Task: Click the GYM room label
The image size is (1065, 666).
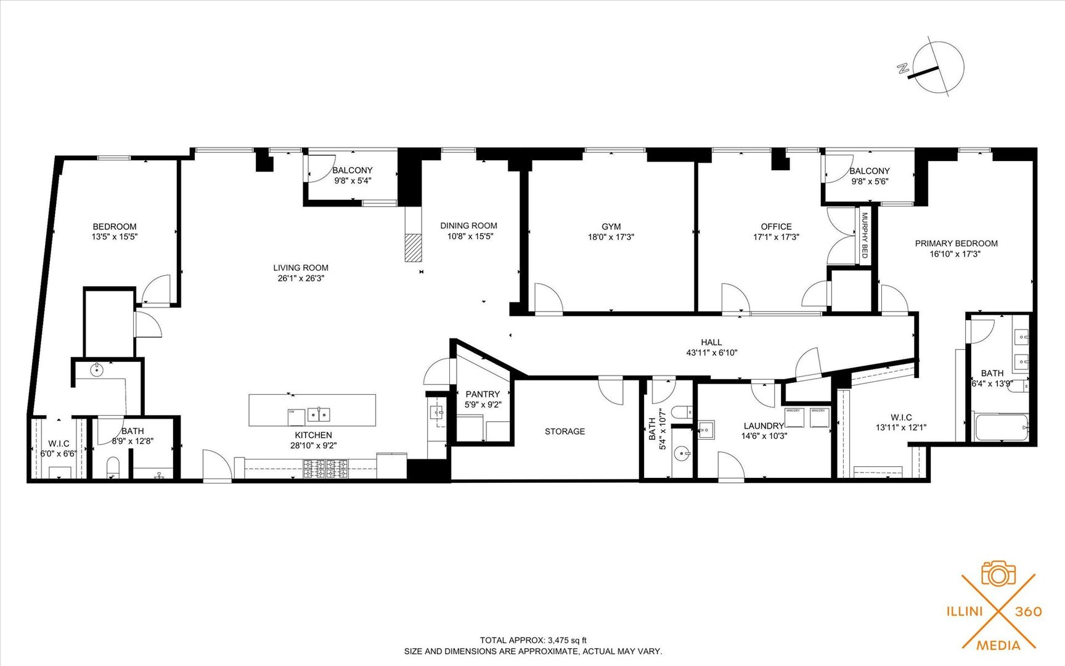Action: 611,226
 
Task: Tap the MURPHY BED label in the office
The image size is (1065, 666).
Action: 865,235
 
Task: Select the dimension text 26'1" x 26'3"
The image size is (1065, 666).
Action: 301,278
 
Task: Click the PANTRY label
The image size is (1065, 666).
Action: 483,394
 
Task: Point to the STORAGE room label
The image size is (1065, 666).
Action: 565,431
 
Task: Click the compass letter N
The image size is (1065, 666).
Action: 904,69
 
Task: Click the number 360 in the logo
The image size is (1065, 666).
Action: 1029,611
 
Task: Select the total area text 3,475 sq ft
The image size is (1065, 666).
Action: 567,640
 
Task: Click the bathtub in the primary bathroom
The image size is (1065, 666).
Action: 1001,427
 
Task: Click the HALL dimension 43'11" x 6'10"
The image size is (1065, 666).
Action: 711,353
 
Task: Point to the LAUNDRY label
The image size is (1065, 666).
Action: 763,425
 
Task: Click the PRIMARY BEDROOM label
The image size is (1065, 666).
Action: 956,243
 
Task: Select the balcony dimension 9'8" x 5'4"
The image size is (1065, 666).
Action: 353,181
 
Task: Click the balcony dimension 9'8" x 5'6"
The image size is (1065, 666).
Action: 869,181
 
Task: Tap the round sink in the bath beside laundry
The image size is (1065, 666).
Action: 682,454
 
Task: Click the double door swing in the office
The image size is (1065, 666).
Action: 842,237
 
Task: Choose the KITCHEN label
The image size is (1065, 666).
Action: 313,435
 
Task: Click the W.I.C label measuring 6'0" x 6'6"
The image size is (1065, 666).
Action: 59,443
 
